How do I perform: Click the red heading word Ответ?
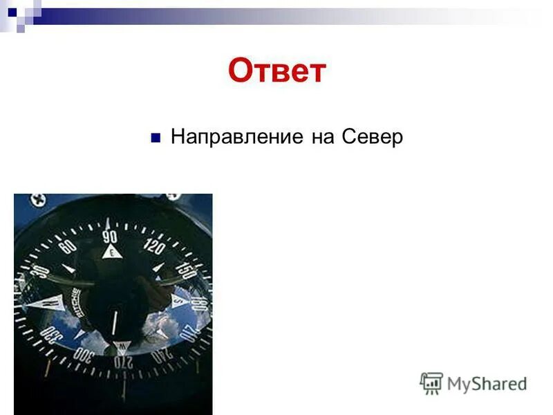click(276, 71)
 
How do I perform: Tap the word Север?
click(371, 136)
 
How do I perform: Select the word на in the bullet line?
click(321, 136)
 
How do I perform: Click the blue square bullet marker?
click(156, 136)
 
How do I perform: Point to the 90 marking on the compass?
click(110, 236)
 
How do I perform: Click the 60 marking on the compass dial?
click(67, 246)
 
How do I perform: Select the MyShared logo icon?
click(431, 382)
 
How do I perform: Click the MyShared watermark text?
click(487, 383)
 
